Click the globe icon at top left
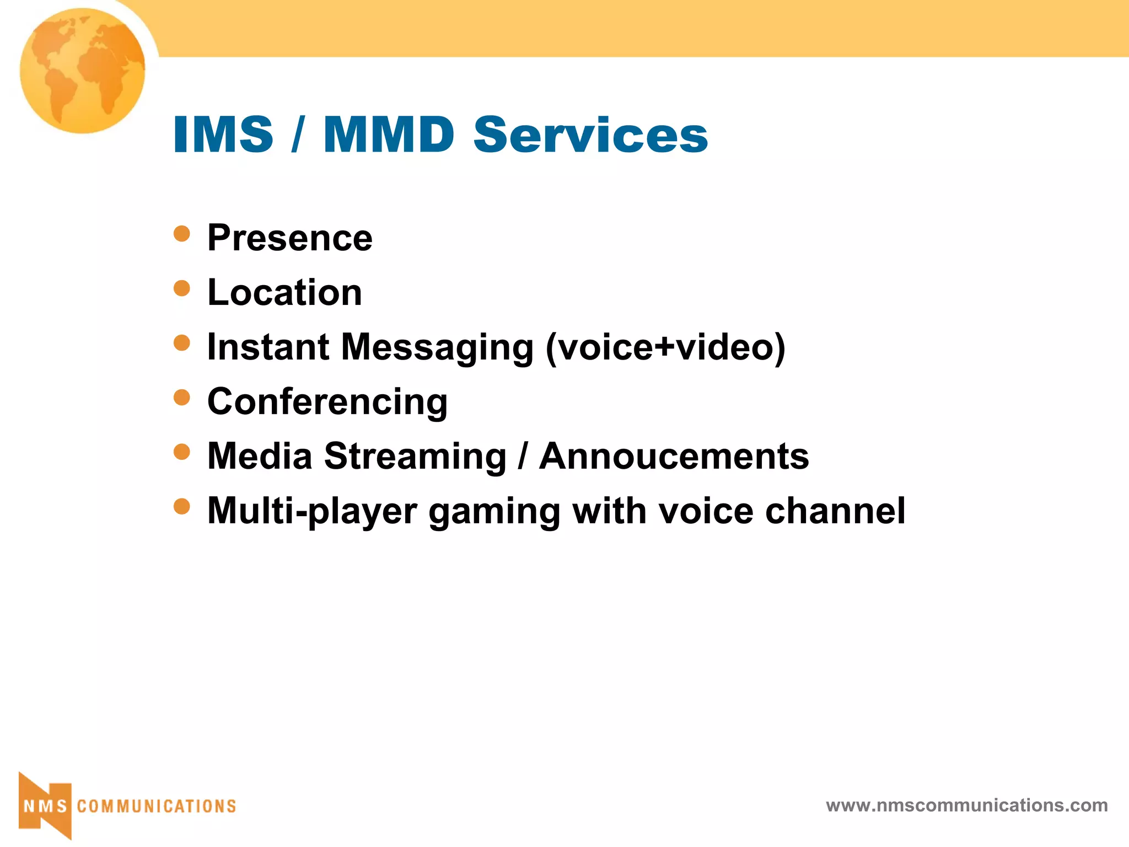coord(83,71)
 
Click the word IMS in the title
coord(223,135)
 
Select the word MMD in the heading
coord(389,135)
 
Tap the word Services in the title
coord(590,135)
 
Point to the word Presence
coord(290,238)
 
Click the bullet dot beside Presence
coord(181,234)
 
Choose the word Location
coord(284,292)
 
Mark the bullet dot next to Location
coord(181,288)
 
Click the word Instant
coord(268,347)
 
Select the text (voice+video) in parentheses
coord(665,348)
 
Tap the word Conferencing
coord(327,402)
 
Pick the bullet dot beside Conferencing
coord(181,397)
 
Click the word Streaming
coord(415,457)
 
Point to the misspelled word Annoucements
coord(674,457)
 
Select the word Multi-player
coord(312,511)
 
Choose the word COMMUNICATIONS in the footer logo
coord(157,806)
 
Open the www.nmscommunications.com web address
coord(966,806)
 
